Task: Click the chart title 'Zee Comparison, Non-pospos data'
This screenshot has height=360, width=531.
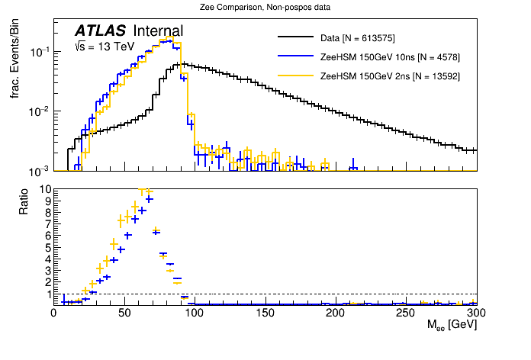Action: point(265,8)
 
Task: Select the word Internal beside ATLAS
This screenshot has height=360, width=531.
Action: point(158,31)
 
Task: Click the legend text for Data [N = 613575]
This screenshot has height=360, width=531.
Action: point(358,37)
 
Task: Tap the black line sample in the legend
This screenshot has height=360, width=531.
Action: point(296,37)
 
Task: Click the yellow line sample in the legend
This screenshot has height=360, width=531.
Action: point(296,76)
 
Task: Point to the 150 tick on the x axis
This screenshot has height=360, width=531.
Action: point(265,313)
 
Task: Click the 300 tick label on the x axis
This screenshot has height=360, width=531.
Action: point(476,313)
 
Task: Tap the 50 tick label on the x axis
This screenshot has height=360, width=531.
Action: point(124,313)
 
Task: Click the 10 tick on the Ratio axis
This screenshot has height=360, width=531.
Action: point(44,189)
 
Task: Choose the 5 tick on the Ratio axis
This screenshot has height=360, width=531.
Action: point(47,248)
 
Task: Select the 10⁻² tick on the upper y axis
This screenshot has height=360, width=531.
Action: point(38,111)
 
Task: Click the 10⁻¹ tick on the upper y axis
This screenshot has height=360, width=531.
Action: point(38,52)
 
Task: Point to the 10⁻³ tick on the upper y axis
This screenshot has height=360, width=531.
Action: point(38,170)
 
